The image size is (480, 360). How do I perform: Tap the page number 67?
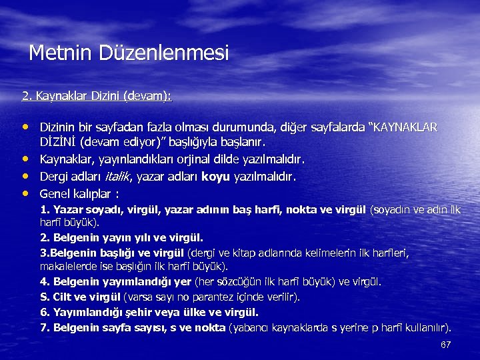tap(446, 345)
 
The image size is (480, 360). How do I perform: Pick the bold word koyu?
tap(216, 177)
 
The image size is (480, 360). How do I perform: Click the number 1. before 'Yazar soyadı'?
tap(45, 210)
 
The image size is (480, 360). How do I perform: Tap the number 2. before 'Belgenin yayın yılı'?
tap(45, 237)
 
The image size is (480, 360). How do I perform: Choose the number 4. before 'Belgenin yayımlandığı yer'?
tap(45, 281)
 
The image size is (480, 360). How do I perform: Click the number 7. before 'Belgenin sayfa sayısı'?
tap(45, 327)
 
